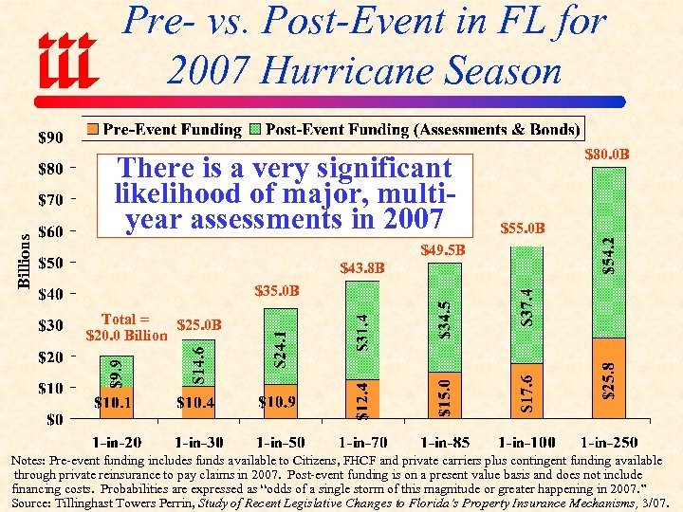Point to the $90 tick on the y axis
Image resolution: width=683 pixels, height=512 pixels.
pos(49,137)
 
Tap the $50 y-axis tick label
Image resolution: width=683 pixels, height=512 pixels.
pos(49,263)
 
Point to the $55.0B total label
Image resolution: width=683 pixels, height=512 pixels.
pos(522,228)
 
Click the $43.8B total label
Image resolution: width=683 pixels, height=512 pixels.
pos(363,267)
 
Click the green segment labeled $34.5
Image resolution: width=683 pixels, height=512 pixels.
pos(444,318)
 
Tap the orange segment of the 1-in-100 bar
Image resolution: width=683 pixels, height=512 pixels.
pos(527,391)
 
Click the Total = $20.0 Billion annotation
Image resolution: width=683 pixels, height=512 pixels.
pos(126,326)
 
